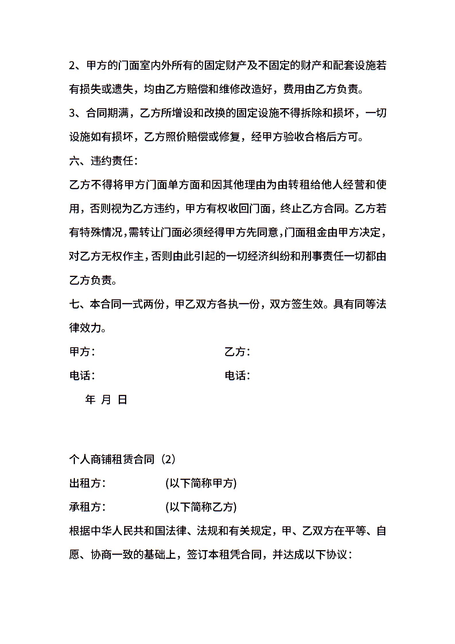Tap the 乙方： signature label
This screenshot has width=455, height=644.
(237, 352)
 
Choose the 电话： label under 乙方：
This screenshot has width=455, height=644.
(237, 375)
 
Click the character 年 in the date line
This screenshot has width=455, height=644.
(90, 399)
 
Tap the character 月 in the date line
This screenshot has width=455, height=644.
(106, 399)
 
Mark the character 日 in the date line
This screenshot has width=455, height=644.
(122, 399)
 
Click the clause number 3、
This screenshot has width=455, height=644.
(75, 113)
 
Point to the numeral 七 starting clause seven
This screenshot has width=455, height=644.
(74, 304)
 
